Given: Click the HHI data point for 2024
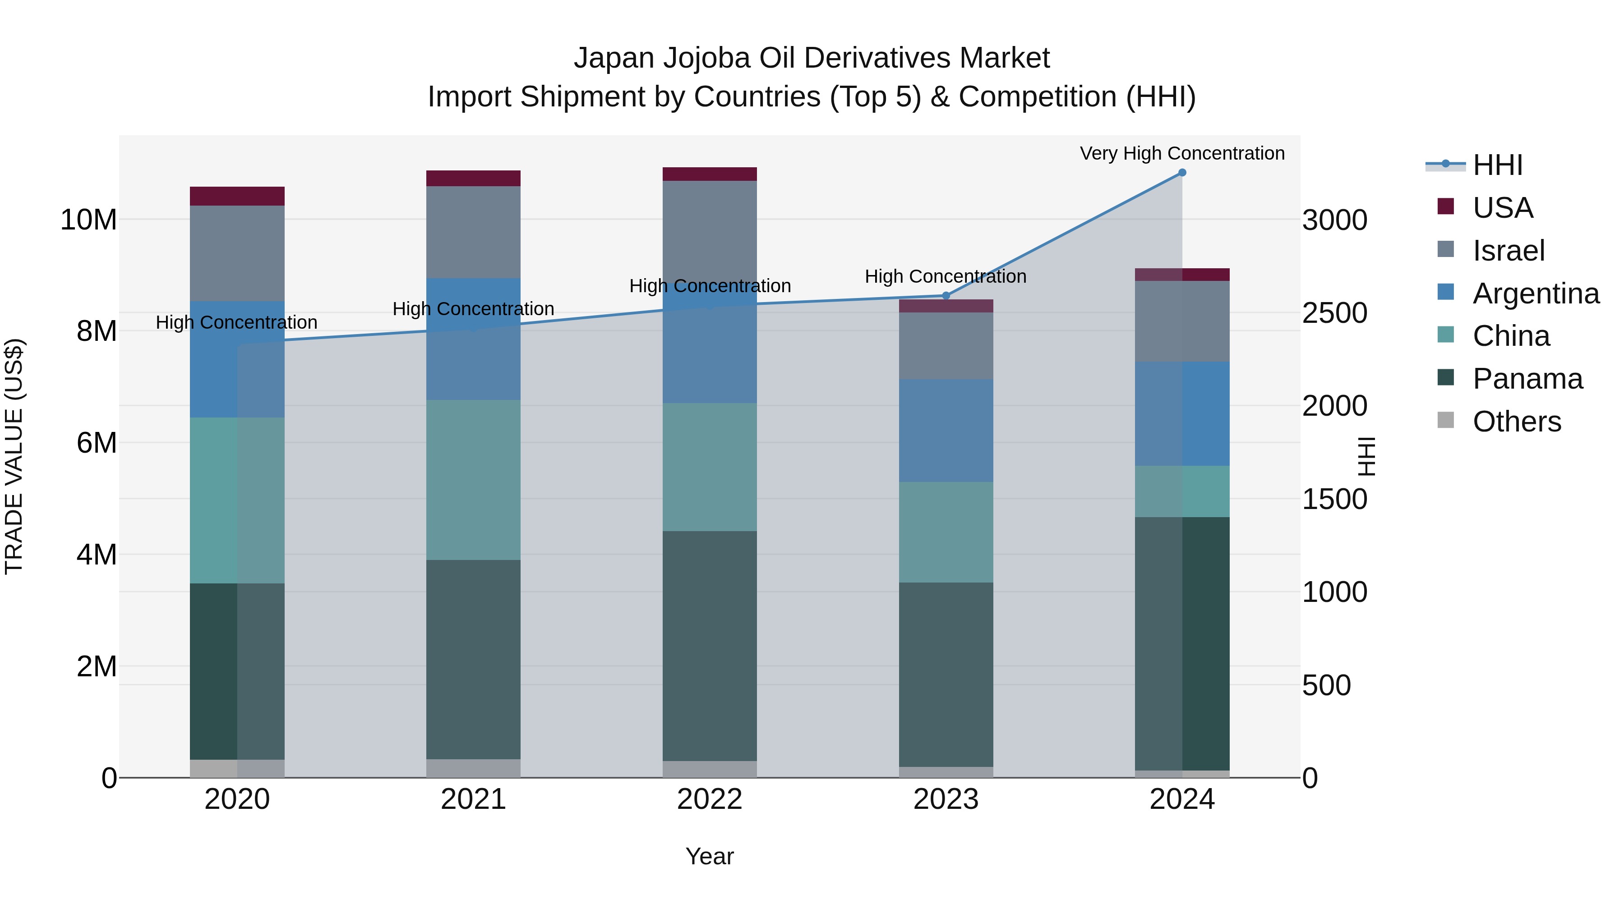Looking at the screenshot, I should [1182, 173].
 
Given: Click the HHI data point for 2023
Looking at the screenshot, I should [946, 295].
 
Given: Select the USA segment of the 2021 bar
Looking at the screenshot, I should [474, 178].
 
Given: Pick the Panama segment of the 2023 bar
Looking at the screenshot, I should [946, 674].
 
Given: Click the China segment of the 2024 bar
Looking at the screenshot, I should [1182, 491].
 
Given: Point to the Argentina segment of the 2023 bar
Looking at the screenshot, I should [946, 431].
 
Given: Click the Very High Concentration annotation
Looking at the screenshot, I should [1182, 153].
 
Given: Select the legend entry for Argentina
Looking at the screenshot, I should [1536, 294].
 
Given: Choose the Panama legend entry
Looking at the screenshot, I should [1527, 379].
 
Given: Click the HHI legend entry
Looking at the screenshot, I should [1497, 165].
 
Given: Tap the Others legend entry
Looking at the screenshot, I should [1516, 422].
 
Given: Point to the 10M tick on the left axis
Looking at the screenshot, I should [88, 220].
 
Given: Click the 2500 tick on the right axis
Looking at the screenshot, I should [1335, 313].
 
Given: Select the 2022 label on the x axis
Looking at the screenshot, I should [710, 799].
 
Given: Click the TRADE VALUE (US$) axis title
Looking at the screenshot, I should [14, 456].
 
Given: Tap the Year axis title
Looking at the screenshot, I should [710, 856].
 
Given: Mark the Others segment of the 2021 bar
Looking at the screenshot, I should [474, 768].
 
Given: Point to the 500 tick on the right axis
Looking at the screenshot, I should [1326, 685].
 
